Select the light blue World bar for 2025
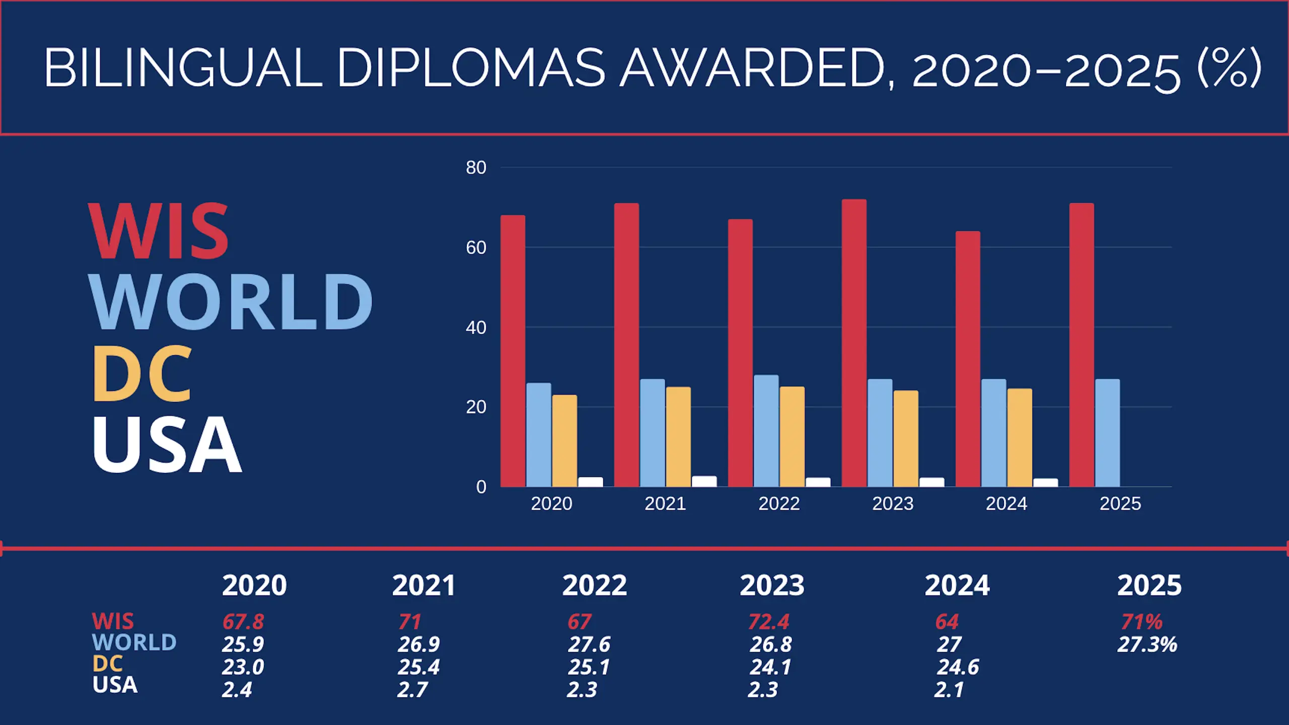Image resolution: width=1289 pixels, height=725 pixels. (x=1107, y=433)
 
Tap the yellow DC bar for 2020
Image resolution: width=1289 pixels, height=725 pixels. (x=564, y=441)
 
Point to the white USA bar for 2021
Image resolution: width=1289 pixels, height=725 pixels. (x=704, y=481)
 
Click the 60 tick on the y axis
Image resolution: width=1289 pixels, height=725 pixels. (x=476, y=248)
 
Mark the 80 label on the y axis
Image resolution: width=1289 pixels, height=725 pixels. (x=476, y=168)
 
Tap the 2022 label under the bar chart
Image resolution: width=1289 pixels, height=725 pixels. (x=779, y=504)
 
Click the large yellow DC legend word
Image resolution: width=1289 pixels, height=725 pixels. (x=142, y=374)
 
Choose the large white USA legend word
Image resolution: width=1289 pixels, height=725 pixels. (x=167, y=444)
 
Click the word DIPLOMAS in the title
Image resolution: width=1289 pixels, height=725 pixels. (x=471, y=68)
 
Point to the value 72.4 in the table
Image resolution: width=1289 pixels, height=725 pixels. (x=768, y=622)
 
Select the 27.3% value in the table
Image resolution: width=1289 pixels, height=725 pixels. (x=1147, y=645)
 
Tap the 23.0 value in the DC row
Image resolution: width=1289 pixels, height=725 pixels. (x=243, y=667)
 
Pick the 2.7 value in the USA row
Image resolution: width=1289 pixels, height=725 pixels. (x=412, y=690)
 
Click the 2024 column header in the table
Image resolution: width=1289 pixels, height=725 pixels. (x=957, y=585)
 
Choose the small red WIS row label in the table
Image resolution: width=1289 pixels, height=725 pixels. (x=113, y=621)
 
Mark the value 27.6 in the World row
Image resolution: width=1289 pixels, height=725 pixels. (x=589, y=645)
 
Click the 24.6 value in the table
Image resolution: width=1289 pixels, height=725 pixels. (x=957, y=667)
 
